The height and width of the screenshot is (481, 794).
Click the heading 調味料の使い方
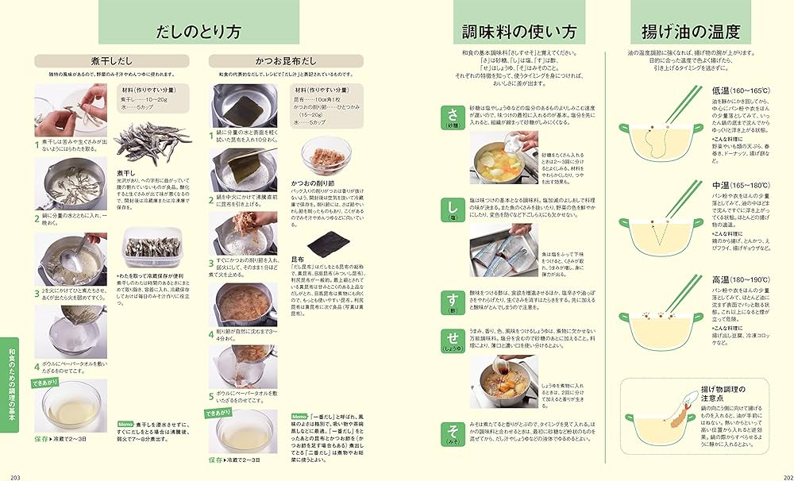[x=519, y=33]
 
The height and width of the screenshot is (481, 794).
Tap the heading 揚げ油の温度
[x=691, y=33]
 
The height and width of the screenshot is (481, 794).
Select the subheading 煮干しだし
[x=111, y=61]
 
